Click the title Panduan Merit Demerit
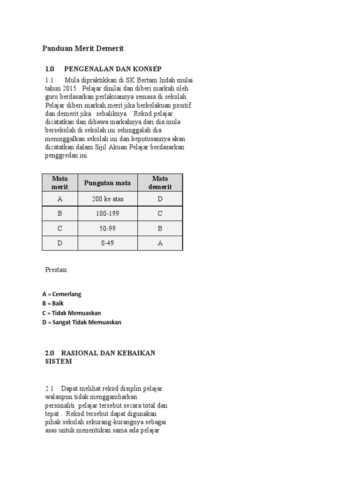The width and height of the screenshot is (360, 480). (x=83, y=48)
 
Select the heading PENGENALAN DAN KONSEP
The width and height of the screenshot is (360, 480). (x=112, y=69)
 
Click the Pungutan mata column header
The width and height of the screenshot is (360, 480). (x=107, y=183)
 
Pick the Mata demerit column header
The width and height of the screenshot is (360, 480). (x=160, y=183)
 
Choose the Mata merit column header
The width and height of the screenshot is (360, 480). (x=60, y=183)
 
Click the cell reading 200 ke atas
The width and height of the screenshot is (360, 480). (x=107, y=199)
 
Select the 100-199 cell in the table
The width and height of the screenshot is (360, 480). (x=107, y=214)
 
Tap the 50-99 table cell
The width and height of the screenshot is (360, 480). (x=107, y=229)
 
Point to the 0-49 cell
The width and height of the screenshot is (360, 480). (x=107, y=243)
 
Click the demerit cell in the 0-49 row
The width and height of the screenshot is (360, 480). (x=160, y=243)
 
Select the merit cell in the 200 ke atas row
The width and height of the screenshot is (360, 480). (x=60, y=199)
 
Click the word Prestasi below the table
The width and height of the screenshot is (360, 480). (x=57, y=270)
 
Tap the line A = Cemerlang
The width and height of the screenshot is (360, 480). (x=62, y=294)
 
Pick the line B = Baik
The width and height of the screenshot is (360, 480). (x=53, y=303)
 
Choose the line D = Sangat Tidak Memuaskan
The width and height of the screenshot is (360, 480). (x=82, y=322)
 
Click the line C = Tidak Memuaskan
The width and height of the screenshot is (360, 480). (x=72, y=313)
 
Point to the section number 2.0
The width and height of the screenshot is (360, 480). (x=50, y=352)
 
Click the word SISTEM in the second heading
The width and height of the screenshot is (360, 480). (x=59, y=361)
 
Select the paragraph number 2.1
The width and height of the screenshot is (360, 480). (x=50, y=389)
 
